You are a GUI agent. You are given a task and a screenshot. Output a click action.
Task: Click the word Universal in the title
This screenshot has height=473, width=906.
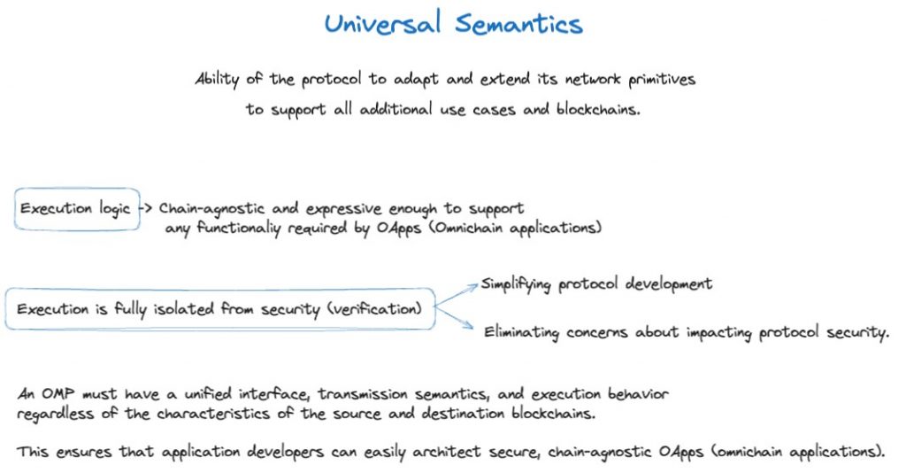[x=382, y=24]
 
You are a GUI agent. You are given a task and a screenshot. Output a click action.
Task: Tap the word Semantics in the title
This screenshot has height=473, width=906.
[x=518, y=24]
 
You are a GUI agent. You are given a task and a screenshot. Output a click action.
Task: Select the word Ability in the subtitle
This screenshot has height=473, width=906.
[x=217, y=79]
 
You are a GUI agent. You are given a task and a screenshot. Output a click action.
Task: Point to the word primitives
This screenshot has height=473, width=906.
[x=662, y=79]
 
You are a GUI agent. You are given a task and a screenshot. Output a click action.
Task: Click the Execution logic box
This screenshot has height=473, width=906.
[x=77, y=189]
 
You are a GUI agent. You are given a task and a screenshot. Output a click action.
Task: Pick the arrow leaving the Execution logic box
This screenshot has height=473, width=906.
[x=146, y=208]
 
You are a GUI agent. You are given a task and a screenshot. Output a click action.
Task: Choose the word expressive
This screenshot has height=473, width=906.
[x=344, y=209]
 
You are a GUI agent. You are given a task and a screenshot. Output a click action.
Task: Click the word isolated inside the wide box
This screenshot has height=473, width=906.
[x=184, y=309]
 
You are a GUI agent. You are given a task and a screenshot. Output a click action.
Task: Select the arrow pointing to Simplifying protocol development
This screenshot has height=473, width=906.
[x=457, y=294]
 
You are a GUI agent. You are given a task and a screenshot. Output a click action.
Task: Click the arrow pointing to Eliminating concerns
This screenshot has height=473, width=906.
[x=454, y=317]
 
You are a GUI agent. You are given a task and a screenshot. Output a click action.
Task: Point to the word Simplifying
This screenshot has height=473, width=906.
[x=516, y=284]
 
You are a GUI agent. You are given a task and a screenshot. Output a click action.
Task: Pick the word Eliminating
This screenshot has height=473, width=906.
[x=522, y=332]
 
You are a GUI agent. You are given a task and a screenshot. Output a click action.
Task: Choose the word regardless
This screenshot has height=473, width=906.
[x=55, y=414]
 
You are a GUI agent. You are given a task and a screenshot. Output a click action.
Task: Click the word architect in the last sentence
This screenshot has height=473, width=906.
[x=446, y=452]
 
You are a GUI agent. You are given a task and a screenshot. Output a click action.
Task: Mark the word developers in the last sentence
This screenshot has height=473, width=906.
[x=286, y=452]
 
